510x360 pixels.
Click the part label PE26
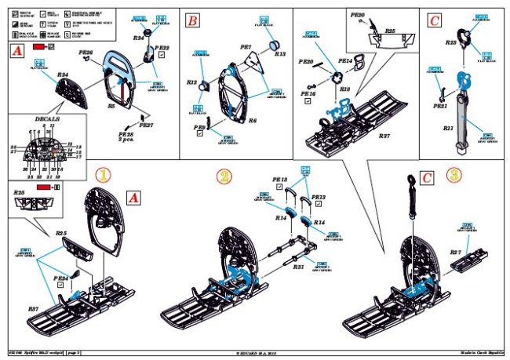[x=86, y=53]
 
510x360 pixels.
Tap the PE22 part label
[x=163, y=49]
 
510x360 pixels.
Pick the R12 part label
[x=192, y=82]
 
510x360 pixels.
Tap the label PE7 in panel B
[x=245, y=47]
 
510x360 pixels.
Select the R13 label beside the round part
[x=280, y=55]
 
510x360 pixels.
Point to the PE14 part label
[x=345, y=60]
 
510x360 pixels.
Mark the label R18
[x=344, y=91]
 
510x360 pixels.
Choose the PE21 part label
[x=439, y=107]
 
